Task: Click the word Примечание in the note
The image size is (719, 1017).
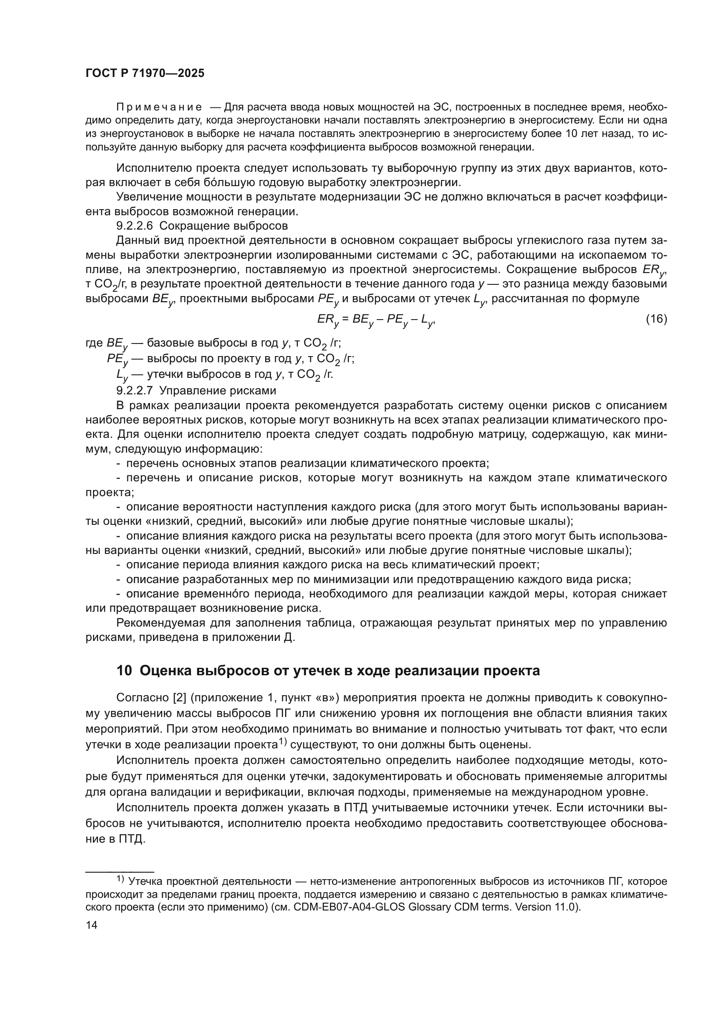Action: tap(159, 107)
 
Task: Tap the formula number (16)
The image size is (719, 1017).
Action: tap(656, 319)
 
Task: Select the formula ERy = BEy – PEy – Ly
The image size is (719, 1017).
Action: tap(376, 320)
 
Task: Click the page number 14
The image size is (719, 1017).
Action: tap(91, 925)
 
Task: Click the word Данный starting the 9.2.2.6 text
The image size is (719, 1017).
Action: tap(135, 240)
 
